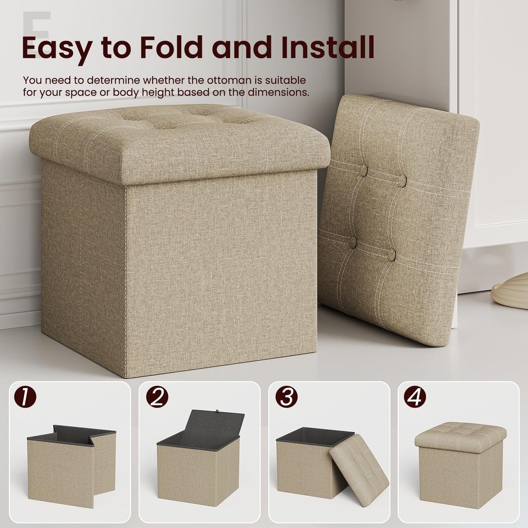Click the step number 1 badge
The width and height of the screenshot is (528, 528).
25,398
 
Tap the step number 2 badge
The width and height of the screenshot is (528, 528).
157,398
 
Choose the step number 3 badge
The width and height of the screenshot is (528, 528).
286,398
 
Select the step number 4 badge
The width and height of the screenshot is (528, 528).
415,398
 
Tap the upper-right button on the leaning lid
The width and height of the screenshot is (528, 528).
403,181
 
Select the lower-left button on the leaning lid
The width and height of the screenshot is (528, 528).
353,242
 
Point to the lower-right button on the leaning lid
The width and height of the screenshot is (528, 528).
391,255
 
